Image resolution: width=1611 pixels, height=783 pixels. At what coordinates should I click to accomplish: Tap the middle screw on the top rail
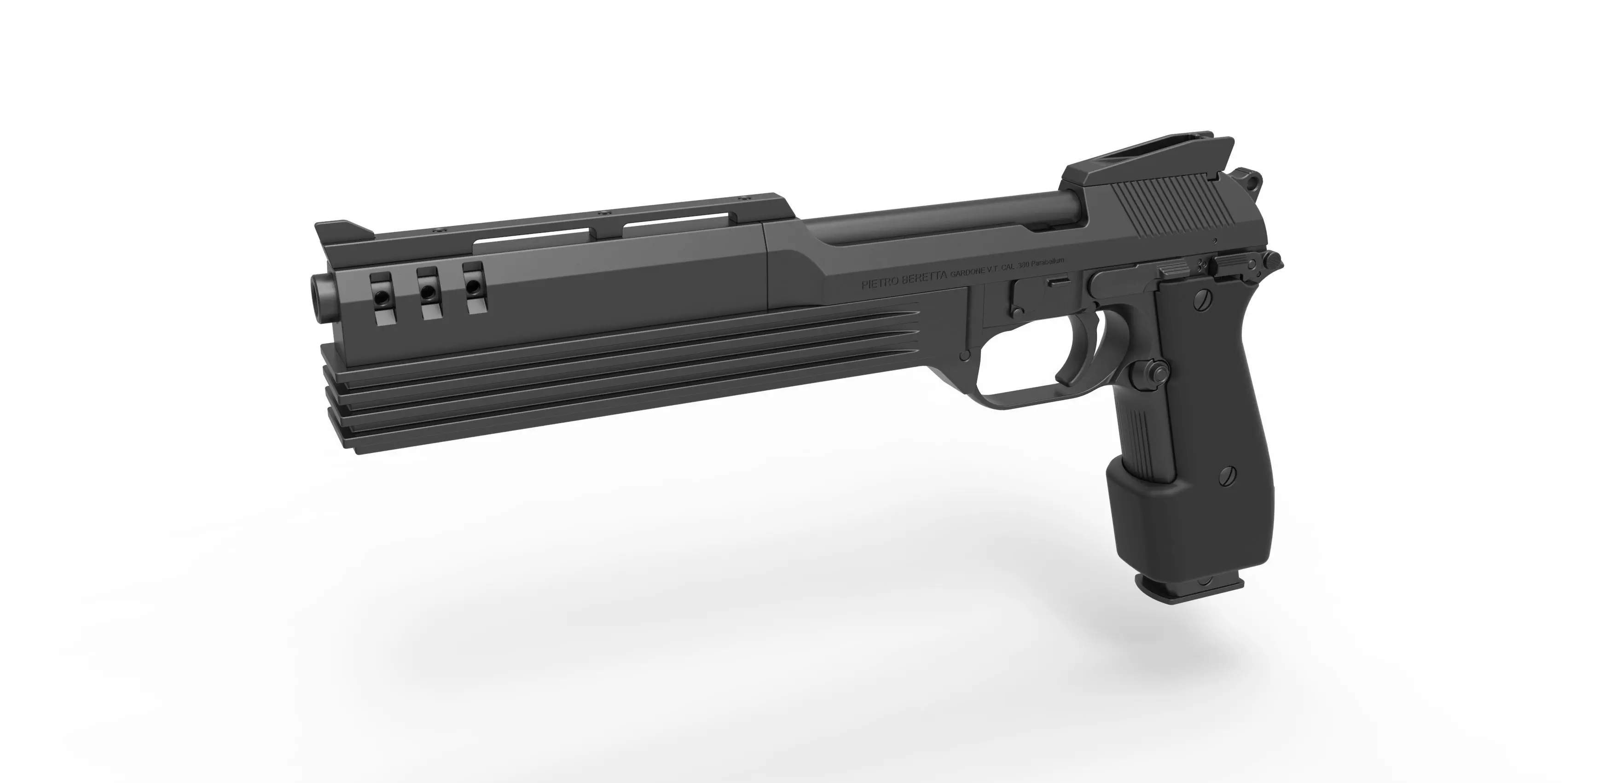coord(605,230)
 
